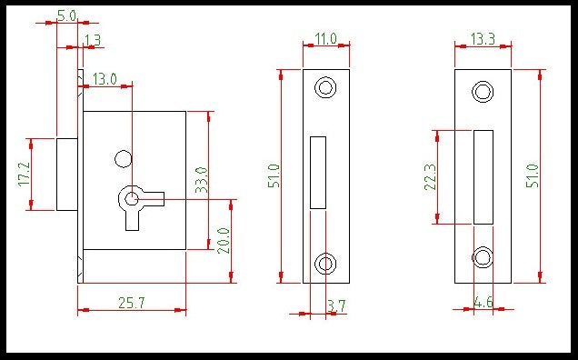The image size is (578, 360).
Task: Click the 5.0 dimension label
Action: tap(66, 15)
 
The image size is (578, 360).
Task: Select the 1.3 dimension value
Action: tap(93, 40)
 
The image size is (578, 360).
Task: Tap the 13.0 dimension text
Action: tap(105, 79)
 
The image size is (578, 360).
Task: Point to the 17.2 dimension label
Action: tap(25, 175)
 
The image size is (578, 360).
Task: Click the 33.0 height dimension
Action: tap(202, 180)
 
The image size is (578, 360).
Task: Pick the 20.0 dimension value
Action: tap(224, 241)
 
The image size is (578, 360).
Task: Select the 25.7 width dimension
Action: tap(132, 303)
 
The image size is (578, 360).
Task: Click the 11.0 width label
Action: tap(326, 39)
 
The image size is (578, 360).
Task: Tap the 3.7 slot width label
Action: tap(336, 305)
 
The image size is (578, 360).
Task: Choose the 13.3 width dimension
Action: tap(483, 39)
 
